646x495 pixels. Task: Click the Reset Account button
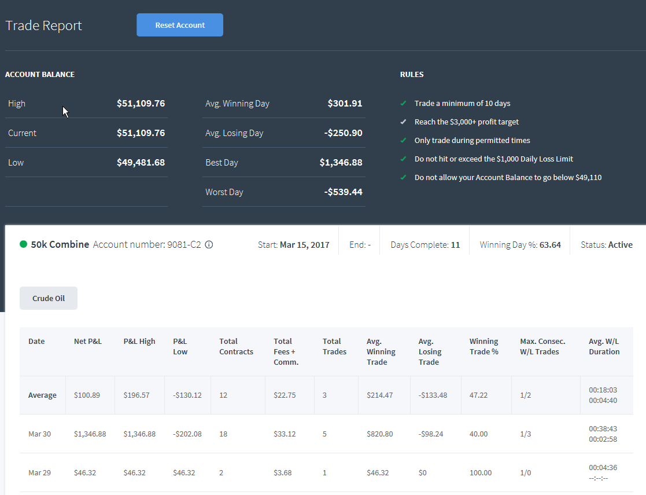tap(180, 25)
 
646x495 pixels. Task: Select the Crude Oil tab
tap(49, 298)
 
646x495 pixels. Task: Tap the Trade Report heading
tap(44, 25)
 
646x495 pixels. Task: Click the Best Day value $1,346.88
tap(341, 163)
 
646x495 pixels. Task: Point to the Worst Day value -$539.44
tap(343, 192)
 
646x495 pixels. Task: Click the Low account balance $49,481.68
tap(141, 163)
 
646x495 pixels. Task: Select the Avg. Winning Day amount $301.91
tap(345, 104)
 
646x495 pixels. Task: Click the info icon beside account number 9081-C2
tap(209, 245)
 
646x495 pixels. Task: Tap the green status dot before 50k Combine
tap(24, 244)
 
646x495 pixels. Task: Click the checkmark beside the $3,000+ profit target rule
tap(403, 122)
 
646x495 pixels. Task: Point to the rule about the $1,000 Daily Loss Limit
tap(493, 159)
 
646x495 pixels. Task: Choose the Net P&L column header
tap(88, 341)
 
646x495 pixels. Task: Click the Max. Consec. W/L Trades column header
tap(542, 346)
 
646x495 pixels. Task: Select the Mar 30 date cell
tap(39, 434)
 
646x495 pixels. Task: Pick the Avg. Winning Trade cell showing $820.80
tap(379, 434)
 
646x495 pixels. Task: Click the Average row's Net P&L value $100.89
tap(87, 395)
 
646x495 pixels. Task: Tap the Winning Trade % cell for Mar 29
tap(481, 473)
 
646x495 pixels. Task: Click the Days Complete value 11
tap(455, 245)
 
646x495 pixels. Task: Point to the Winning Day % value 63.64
tap(550, 245)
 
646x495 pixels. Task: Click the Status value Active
tap(621, 245)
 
